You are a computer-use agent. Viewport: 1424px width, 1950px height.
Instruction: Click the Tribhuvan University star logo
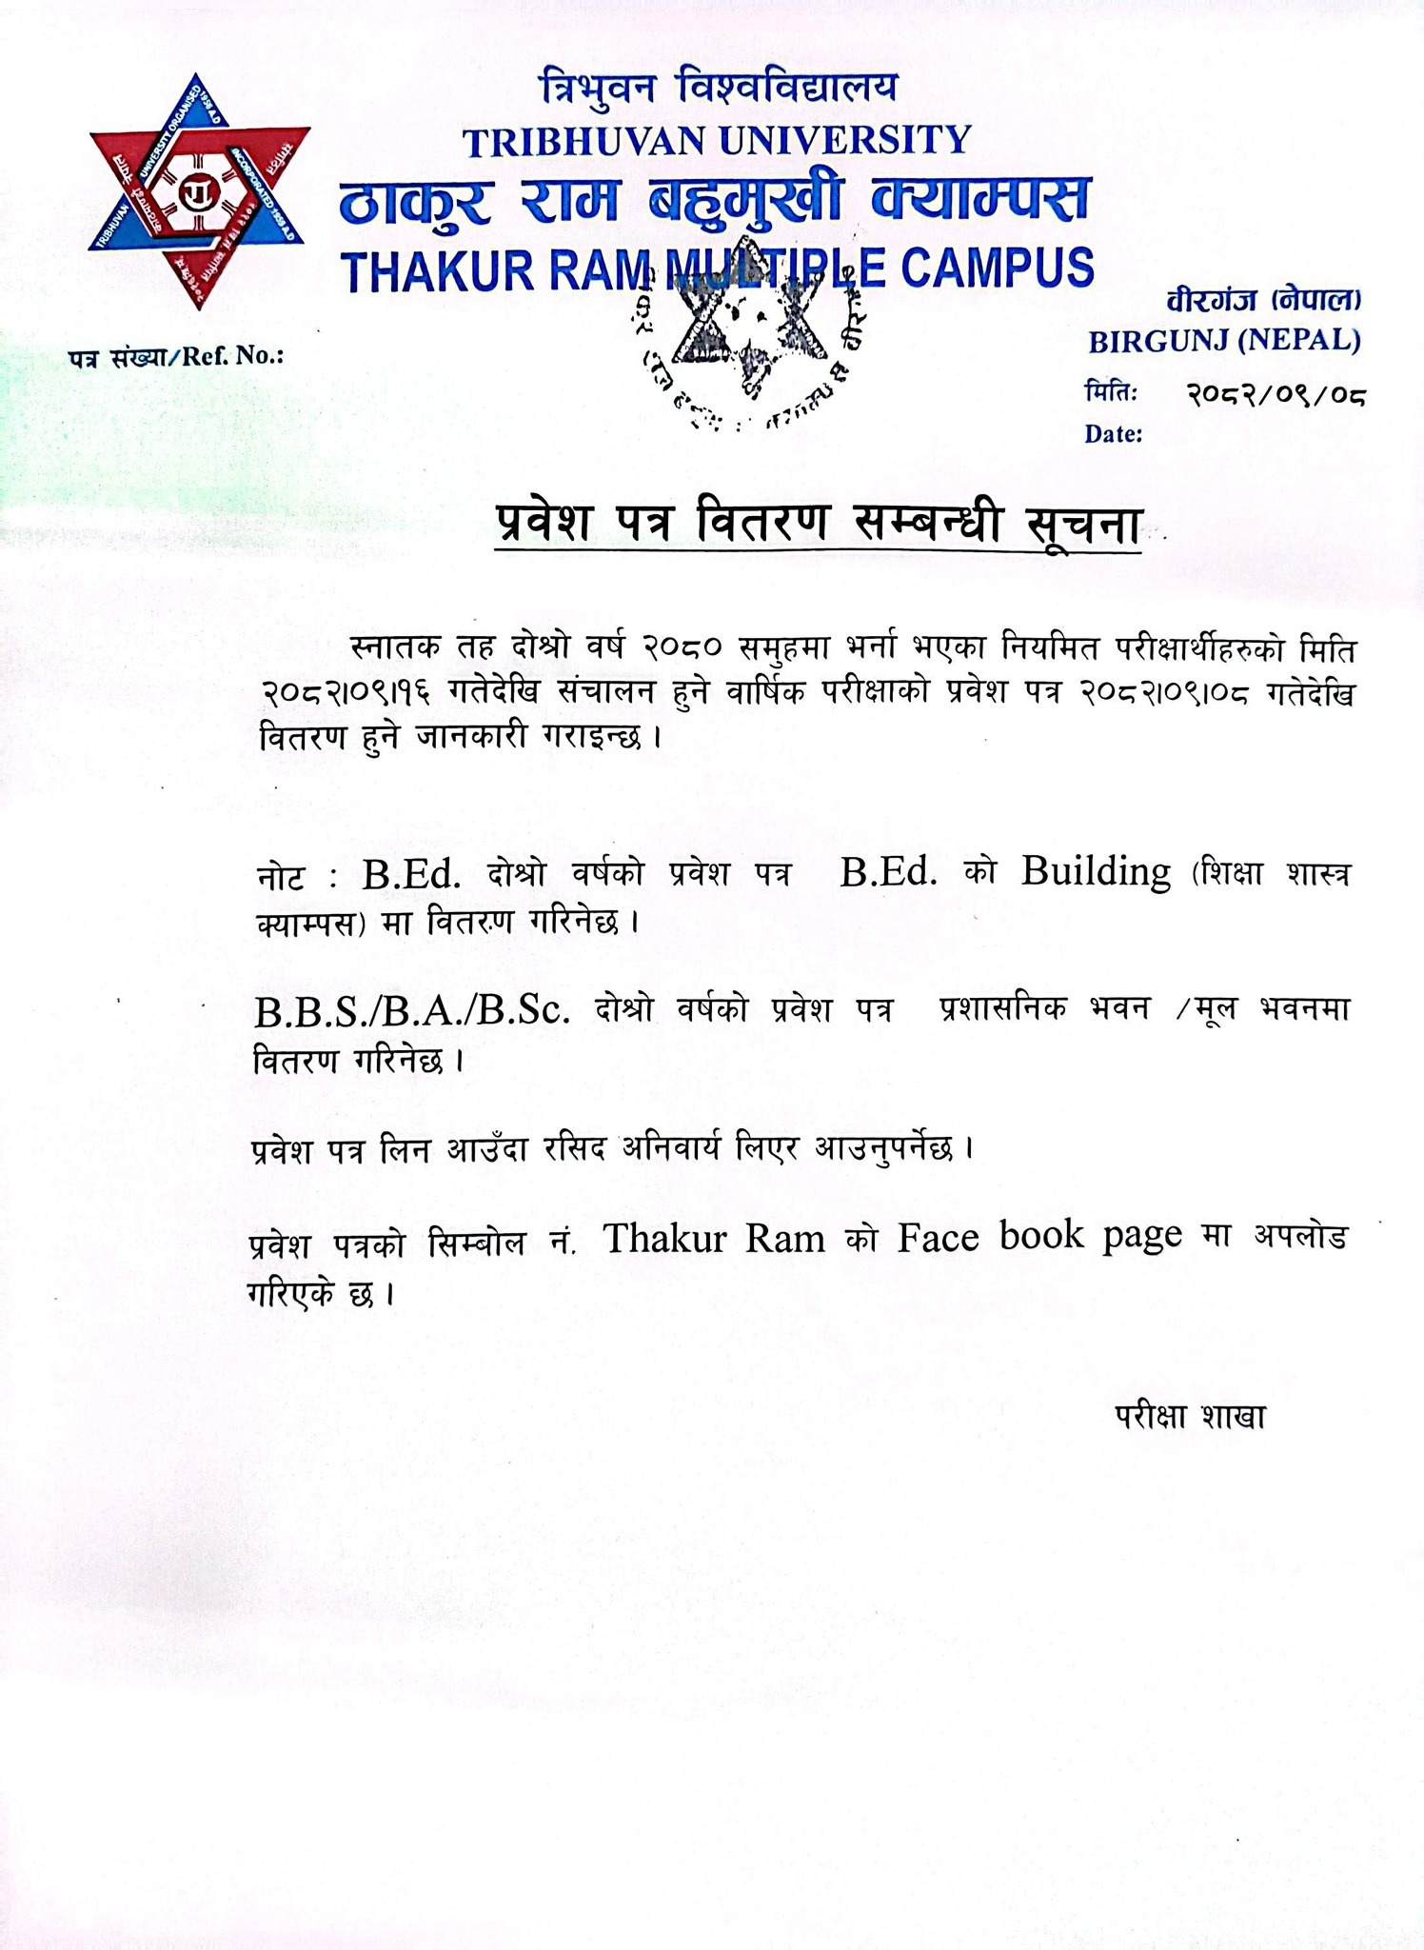199,191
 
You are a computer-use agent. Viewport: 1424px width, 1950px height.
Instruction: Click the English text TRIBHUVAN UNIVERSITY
716,141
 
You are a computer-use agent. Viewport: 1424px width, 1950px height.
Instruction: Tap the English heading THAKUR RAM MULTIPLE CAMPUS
719,269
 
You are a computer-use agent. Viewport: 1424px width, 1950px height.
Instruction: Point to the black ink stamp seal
752,343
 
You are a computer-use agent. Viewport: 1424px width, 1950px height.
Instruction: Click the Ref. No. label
176,357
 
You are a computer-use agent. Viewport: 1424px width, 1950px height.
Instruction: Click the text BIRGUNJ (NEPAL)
1224,340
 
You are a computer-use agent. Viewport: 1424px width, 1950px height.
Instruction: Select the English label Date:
1113,435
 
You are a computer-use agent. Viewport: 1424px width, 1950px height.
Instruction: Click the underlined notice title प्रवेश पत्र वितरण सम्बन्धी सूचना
819,525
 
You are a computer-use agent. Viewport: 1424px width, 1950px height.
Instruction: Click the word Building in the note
1096,871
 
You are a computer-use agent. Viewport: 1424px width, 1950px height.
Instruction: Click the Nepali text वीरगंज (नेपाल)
1264,302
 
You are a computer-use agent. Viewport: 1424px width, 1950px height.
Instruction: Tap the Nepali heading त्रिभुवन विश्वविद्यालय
719,90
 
